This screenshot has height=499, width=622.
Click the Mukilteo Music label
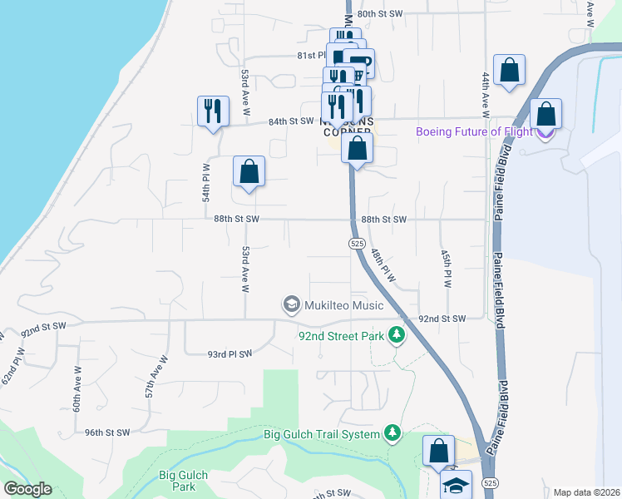pos(343,305)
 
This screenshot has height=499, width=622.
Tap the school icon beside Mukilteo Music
pos(291,305)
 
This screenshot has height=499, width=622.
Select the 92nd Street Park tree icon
pos(397,335)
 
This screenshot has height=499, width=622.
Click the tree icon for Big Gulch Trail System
pos(392,433)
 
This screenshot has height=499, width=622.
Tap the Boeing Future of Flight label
pos(474,131)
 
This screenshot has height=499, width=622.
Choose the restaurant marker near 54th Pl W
pos(213,110)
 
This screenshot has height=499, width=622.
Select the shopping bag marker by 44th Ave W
pos(509,71)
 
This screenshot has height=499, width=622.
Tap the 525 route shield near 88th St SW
pos(356,243)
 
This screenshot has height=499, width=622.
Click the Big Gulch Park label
pos(182,481)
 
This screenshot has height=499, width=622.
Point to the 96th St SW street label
pos(106,432)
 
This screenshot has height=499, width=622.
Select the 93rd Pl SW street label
pos(229,354)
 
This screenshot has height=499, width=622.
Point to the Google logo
pos(27,489)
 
